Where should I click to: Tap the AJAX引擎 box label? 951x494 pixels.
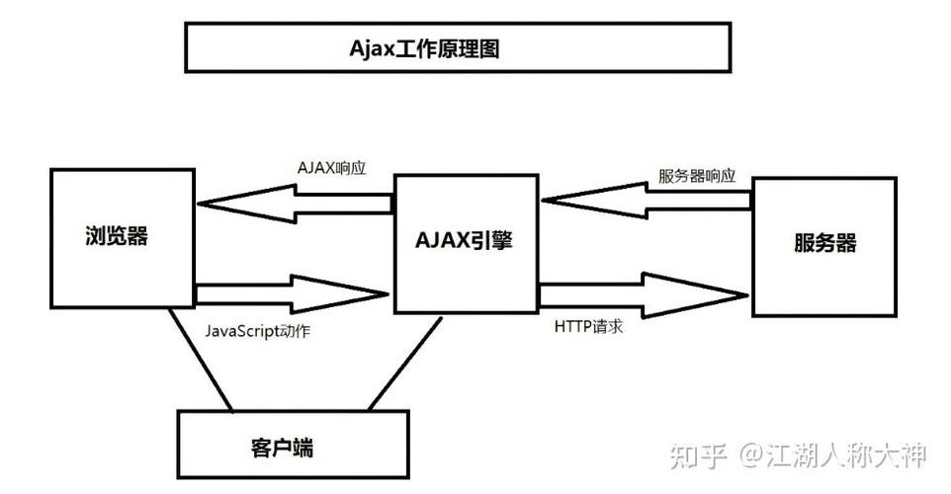[464, 240]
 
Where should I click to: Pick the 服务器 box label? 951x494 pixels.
[824, 243]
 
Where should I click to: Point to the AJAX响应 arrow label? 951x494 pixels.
[332, 167]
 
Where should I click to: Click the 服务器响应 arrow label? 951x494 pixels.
[697, 176]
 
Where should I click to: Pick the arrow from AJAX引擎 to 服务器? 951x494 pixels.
[644, 292]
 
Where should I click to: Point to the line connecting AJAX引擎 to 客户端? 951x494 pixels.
[406, 362]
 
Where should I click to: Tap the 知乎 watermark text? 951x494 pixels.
[699, 455]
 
